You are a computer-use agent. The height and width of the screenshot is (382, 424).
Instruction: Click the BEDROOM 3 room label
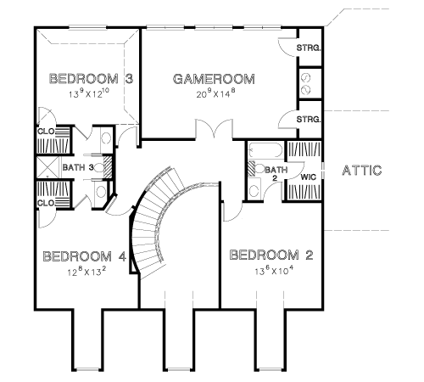(91, 79)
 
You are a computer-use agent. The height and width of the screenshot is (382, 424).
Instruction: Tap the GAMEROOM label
(214, 79)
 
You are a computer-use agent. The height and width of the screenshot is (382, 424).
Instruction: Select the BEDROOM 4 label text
(84, 256)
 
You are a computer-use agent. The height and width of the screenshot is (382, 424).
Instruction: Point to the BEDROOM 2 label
(271, 255)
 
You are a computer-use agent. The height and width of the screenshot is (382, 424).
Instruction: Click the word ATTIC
(362, 171)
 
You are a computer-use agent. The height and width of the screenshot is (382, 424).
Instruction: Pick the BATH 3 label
(78, 167)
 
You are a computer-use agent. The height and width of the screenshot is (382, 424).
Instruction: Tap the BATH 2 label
(276, 173)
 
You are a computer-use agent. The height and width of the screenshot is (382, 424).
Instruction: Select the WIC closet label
(308, 177)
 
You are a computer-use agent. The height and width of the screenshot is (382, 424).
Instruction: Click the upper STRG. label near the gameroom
(309, 48)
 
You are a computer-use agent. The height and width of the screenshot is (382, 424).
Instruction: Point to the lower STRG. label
(309, 120)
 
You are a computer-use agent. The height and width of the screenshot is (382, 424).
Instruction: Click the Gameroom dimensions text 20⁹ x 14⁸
(215, 93)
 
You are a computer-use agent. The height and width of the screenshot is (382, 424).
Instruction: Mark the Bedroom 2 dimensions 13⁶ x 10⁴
(274, 271)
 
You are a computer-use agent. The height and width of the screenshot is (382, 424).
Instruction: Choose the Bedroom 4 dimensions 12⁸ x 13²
(86, 272)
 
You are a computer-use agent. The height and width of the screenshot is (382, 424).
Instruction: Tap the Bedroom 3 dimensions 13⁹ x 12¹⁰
(89, 93)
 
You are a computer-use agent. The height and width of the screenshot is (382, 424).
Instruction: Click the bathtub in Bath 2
(265, 150)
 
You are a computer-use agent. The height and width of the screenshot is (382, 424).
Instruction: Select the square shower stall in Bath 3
(48, 167)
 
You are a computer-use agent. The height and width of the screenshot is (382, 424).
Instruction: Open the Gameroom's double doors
(214, 130)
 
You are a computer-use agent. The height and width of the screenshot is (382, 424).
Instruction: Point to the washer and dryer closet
(309, 84)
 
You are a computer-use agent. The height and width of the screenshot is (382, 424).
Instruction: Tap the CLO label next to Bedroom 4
(46, 203)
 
